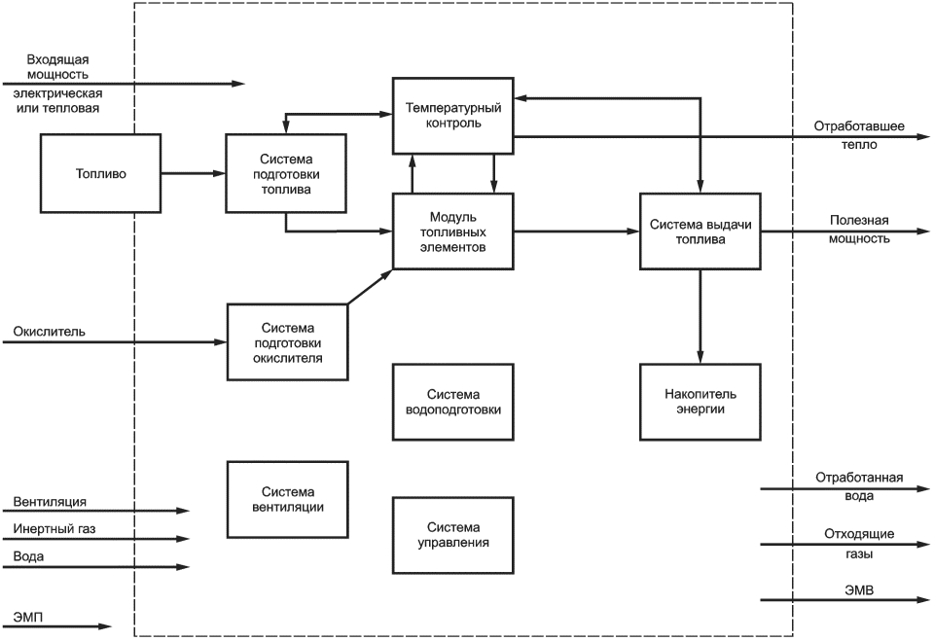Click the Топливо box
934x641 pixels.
coord(100,173)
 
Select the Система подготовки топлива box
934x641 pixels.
coord(286,173)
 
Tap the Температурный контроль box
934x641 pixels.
coord(453,116)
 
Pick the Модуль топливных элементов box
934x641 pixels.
coord(453,231)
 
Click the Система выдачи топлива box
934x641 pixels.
coord(700,231)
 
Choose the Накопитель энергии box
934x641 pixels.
coord(700,402)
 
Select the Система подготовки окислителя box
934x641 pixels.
coord(288,342)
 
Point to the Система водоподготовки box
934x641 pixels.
coord(453,402)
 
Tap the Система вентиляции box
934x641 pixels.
coord(288,499)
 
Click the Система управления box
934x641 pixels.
coord(453,535)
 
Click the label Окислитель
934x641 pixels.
coord(49,332)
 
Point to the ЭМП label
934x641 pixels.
coord(28,618)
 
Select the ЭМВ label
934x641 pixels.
coord(859,590)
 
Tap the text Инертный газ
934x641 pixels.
coord(54,529)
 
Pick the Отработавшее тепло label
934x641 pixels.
coord(859,135)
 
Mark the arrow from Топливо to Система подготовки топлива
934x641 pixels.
coord(193,173)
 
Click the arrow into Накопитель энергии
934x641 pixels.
coord(700,316)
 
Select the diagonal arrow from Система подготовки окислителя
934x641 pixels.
coord(370,287)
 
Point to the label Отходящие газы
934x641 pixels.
coord(859,544)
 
